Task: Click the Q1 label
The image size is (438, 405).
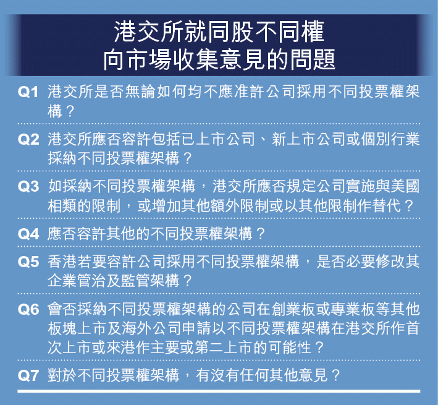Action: click(x=28, y=92)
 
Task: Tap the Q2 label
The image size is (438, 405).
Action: click(x=28, y=139)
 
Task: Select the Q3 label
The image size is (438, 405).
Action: click(x=28, y=187)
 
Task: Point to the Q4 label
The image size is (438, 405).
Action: click(x=28, y=234)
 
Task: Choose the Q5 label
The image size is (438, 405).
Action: click(x=28, y=262)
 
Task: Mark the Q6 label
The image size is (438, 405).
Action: click(x=28, y=309)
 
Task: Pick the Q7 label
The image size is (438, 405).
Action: click(x=28, y=375)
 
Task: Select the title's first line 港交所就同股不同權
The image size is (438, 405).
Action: click(x=219, y=32)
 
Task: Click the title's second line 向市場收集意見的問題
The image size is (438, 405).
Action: click(x=219, y=59)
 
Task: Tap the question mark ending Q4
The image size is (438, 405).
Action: click(x=261, y=234)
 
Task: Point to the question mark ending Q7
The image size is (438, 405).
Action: click(x=335, y=375)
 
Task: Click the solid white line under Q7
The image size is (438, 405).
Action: click(x=219, y=391)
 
